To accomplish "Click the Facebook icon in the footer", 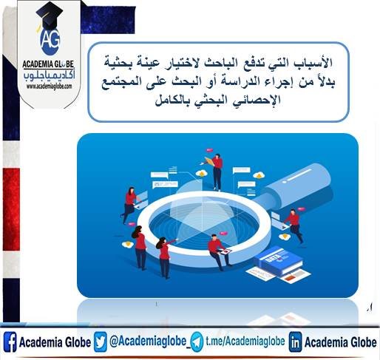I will (10, 343).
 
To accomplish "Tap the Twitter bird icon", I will (101, 343).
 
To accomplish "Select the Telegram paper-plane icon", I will (197, 343).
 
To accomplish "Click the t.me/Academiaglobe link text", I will (244, 343).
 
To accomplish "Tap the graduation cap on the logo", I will (49, 14).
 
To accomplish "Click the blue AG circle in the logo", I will (50, 38).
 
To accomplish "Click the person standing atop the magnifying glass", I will (217, 168).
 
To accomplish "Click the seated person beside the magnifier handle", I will (294, 223).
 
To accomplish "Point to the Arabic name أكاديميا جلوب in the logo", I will (50, 75).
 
